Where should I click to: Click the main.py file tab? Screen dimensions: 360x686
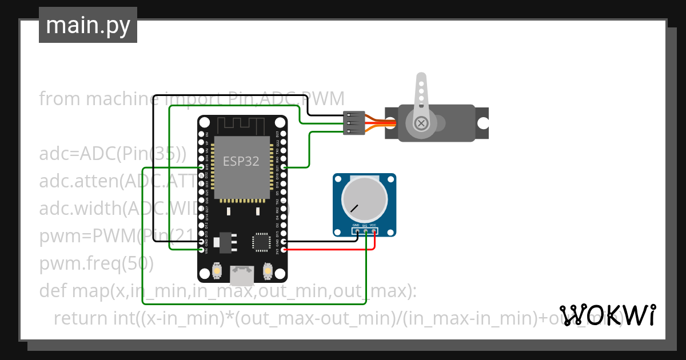[87, 25]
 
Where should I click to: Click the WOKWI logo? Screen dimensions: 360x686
[607, 315]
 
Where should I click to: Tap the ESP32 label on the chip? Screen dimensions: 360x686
[241, 162]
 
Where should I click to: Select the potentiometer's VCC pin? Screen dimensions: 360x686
[374, 231]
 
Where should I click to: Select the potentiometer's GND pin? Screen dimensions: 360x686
[357, 231]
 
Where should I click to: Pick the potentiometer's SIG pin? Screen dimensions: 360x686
[366, 231]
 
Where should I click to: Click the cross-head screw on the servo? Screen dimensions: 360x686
[421, 123]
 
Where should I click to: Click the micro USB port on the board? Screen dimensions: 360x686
[242, 276]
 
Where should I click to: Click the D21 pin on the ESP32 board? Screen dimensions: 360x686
[284, 167]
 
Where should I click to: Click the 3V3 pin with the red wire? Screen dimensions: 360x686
[284, 250]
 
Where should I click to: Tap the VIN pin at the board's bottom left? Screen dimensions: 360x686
[201, 250]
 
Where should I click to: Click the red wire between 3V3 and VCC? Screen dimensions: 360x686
[332, 250]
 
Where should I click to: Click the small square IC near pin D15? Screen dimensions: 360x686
[262, 242]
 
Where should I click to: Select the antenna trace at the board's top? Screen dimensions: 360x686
[242, 124]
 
